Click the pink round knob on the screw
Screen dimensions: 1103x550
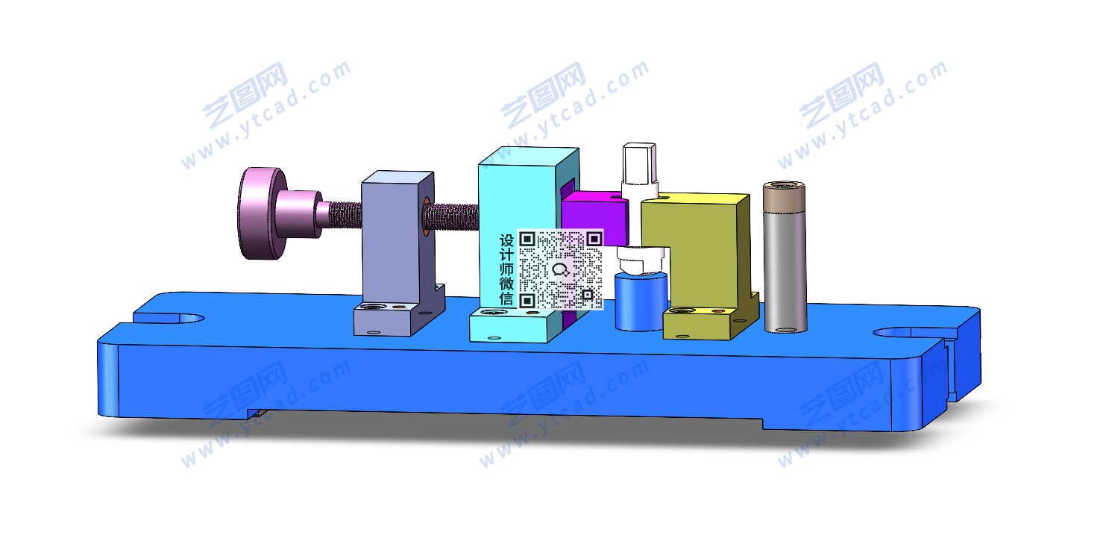point(261,213)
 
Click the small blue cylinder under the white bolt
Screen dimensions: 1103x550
point(641,301)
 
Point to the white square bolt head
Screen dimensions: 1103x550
point(639,163)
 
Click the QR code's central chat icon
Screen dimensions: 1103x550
point(560,269)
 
